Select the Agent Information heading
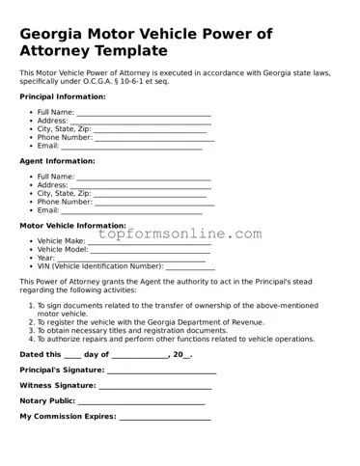tap(57, 161)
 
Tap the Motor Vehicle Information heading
tap(72, 225)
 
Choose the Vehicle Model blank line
tap(151, 251)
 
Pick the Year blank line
tap(130, 260)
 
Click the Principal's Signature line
tap(161, 371)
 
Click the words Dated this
tap(41, 355)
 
